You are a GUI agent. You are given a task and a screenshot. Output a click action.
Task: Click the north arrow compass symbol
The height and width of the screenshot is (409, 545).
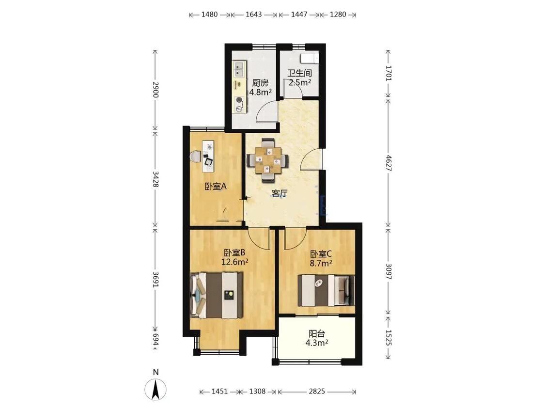tap(156, 389)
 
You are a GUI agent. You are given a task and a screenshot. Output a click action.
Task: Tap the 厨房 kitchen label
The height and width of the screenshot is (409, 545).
tap(260, 83)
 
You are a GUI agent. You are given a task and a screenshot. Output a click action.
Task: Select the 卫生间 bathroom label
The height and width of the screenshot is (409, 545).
tap(299, 73)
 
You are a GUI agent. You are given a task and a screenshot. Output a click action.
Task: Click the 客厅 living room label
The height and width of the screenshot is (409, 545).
tap(280, 193)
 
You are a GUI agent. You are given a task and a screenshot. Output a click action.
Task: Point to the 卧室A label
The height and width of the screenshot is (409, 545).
tap(216, 187)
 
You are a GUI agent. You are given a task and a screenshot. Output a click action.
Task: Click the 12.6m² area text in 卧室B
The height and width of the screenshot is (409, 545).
tap(235, 262)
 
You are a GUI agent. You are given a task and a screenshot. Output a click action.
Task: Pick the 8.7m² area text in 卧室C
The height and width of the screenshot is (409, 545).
tap(321, 263)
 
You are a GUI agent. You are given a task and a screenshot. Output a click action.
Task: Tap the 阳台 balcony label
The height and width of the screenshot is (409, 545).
tap(317, 333)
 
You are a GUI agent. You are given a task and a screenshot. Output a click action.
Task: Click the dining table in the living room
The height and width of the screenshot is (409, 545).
tap(267, 160)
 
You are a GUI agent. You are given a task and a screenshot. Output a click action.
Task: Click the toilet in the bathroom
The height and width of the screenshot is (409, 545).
tap(310, 58)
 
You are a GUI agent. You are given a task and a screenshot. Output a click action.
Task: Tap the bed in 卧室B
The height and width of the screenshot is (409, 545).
tap(216, 295)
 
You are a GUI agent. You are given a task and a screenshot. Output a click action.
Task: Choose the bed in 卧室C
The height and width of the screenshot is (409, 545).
tap(326, 290)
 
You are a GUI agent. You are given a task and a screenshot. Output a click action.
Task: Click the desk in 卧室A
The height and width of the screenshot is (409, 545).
tap(208, 156)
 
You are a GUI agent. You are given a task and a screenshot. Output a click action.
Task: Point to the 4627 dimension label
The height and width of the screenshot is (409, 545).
tap(389, 163)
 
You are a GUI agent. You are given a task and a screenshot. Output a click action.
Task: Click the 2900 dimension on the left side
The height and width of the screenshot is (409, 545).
tap(156, 90)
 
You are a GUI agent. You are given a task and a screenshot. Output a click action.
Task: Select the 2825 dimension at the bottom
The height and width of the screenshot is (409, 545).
tap(317, 392)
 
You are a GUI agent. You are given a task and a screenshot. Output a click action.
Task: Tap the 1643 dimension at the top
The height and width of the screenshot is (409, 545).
tap(254, 14)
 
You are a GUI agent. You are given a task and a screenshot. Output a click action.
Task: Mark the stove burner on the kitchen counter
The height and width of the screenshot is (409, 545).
tap(239, 100)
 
